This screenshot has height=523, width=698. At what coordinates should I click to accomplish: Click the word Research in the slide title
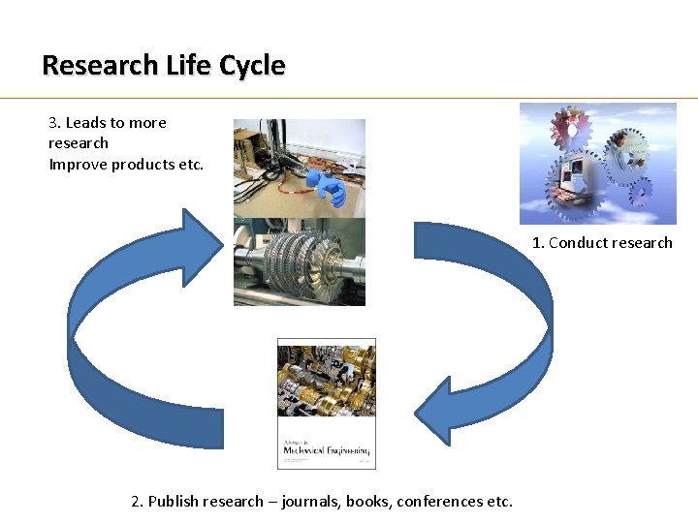(98, 66)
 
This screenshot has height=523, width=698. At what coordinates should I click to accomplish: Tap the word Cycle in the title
(252, 66)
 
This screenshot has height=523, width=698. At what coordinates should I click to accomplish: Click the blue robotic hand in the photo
(325, 187)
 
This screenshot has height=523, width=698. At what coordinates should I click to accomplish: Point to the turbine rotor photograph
(300, 262)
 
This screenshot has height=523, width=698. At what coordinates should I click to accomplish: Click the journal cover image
(326, 403)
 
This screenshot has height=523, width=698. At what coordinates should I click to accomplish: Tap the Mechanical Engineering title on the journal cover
(326, 450)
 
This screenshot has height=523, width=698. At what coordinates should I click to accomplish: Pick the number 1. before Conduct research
(538, 243)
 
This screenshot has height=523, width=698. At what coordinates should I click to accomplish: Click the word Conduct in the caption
(579, 243)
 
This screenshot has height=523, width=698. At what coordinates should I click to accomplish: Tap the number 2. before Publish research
(137, 502)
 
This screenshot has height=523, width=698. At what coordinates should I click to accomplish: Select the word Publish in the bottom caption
(174, 502)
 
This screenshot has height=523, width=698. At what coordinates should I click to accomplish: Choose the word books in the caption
(368, 502)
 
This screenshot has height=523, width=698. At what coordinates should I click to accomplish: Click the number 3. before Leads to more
(54, 123)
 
